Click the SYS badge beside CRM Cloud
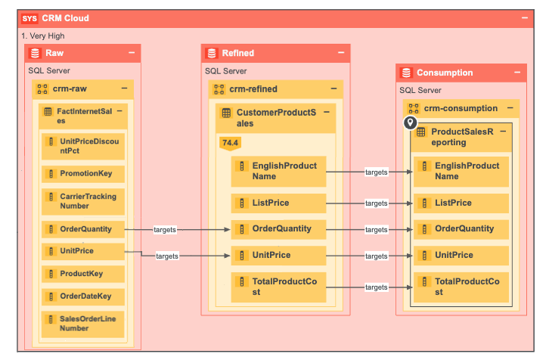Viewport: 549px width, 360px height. (x=30, y=18)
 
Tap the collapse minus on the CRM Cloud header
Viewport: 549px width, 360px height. (x=525, y=18)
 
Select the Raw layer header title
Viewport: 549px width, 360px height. (x=54, y=53)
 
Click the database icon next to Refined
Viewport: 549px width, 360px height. (x=212, y=53)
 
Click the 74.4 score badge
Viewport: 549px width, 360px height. (x=228, y=142)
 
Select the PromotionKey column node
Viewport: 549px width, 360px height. (x=83, y=173)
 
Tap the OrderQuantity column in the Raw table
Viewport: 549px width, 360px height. (x=83, y=229)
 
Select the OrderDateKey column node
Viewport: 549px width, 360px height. (x=83, y=296)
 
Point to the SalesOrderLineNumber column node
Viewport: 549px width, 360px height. (x=83, y=324)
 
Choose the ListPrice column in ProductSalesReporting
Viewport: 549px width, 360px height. (x=460, y=203)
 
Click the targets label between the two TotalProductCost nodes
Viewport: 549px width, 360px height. (x=376, y=287)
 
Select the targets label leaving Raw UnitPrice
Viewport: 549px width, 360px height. (x=167, y=256)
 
